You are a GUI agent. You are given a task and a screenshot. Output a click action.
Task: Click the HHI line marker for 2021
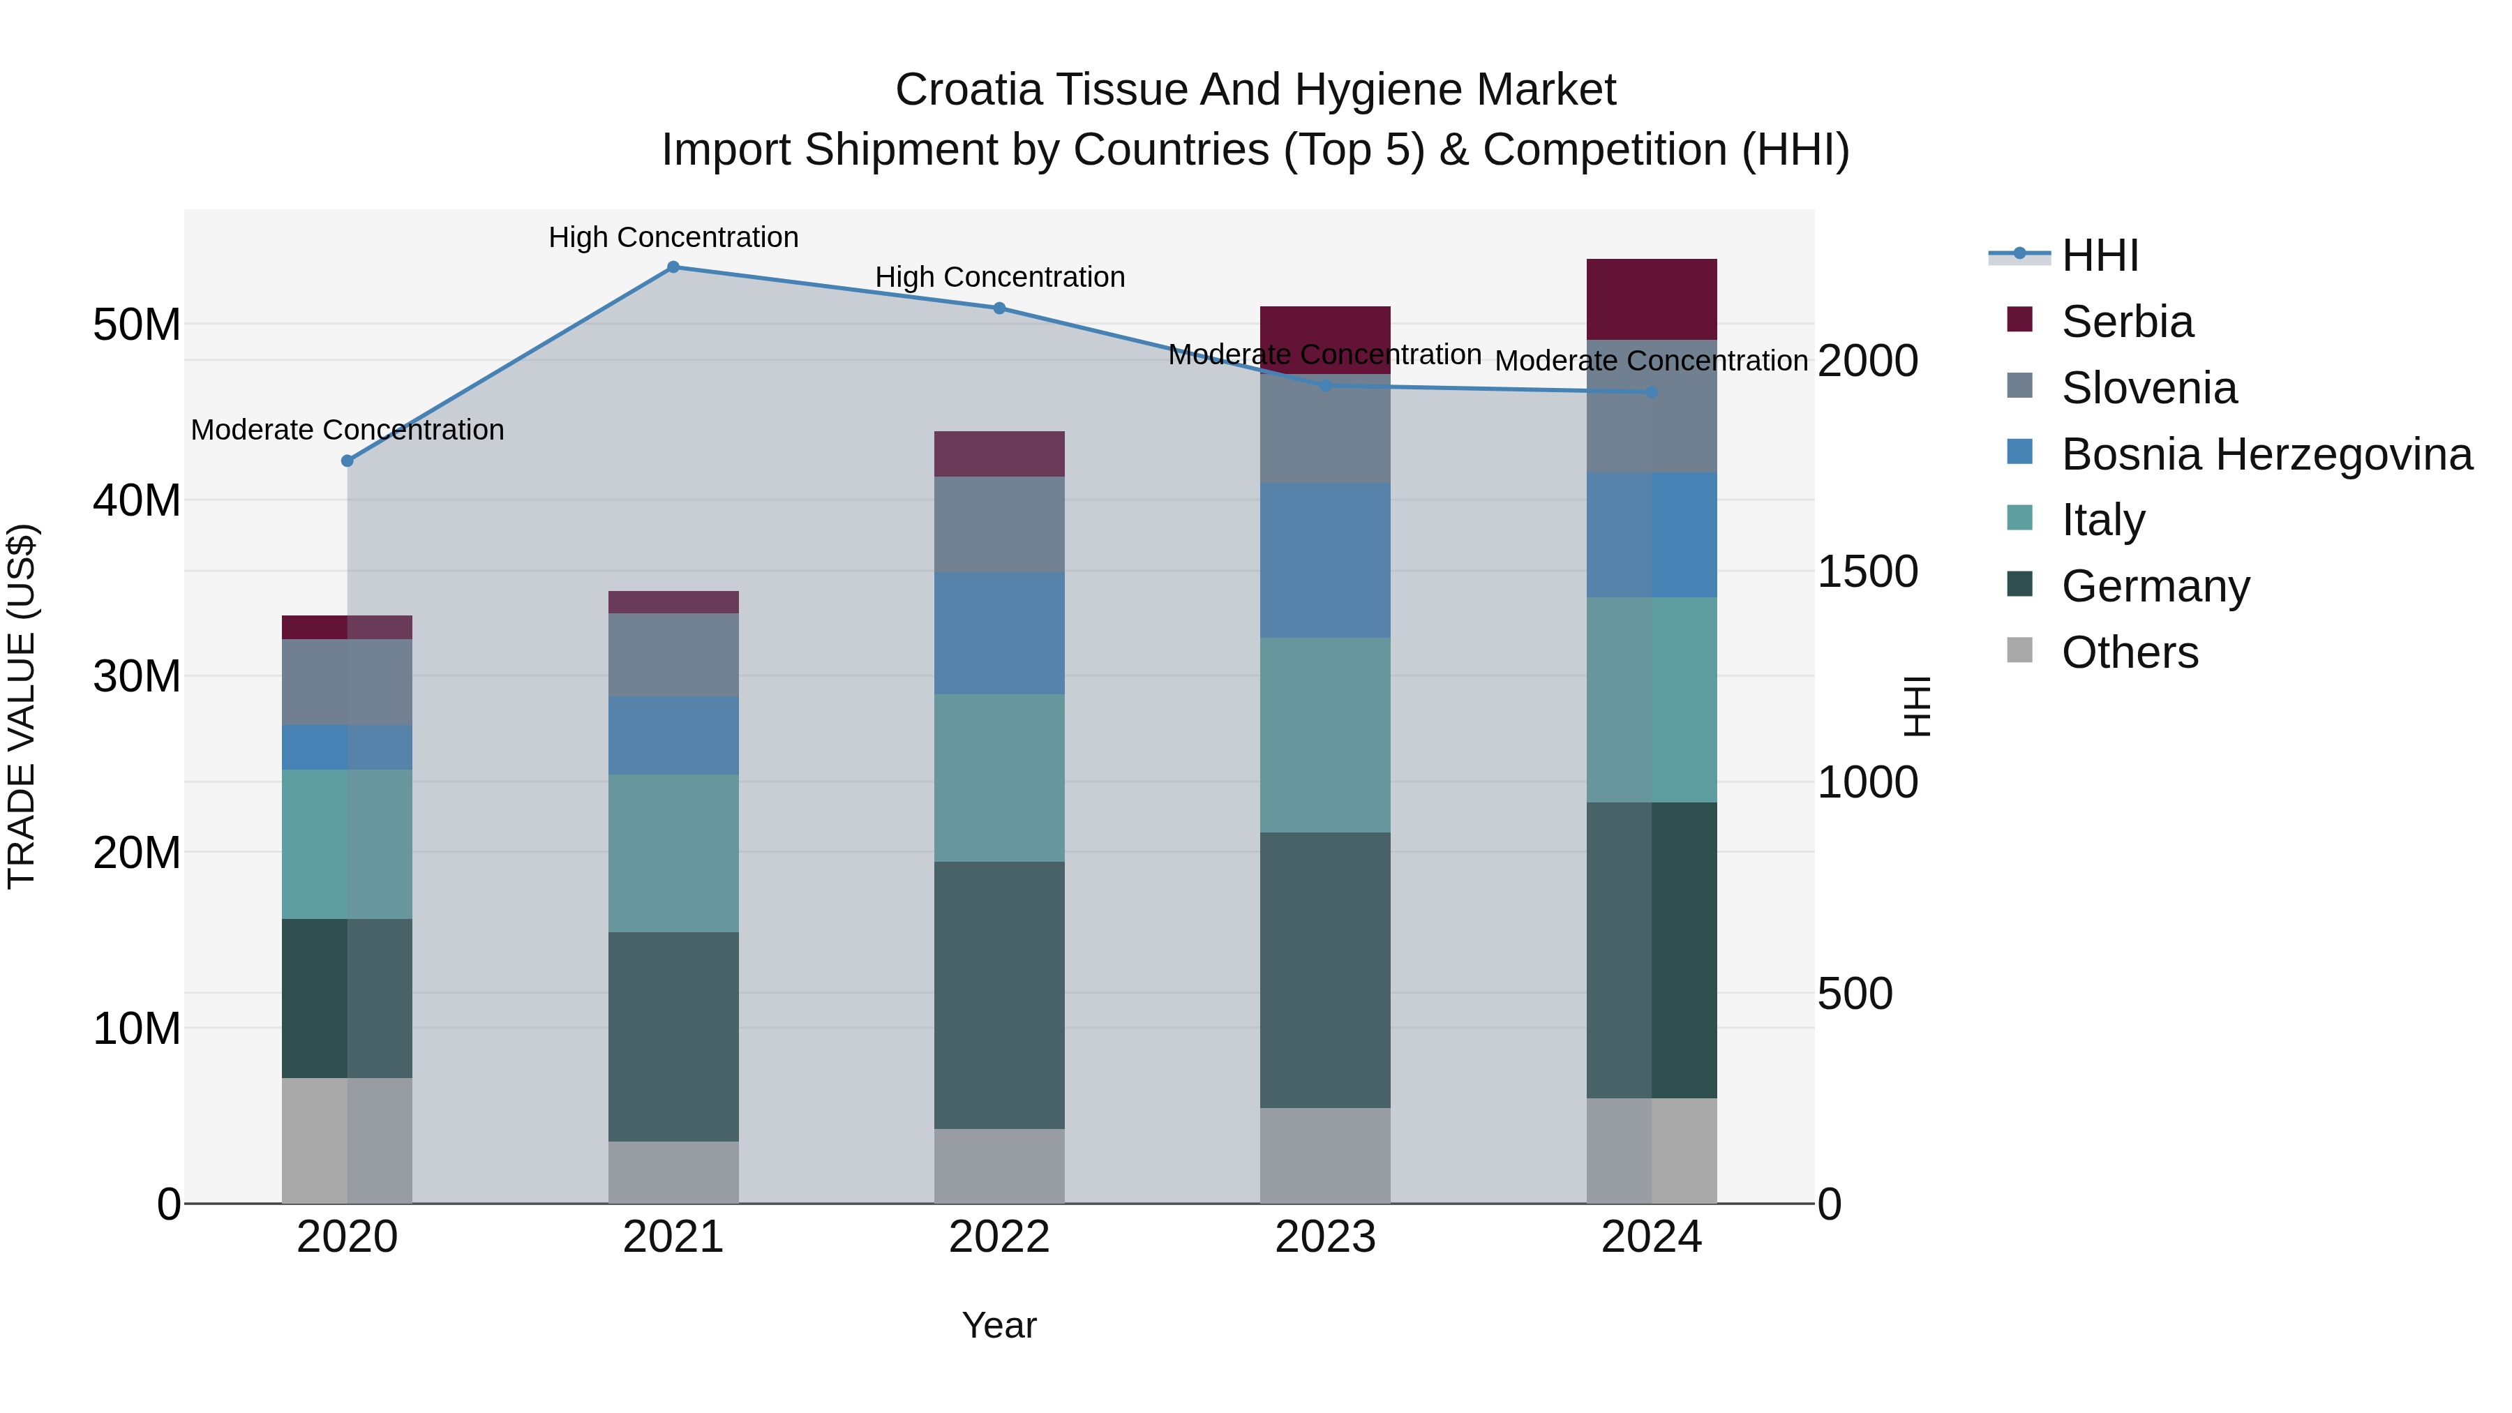pos(673,267)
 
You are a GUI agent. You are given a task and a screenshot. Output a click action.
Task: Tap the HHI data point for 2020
pos(347,461)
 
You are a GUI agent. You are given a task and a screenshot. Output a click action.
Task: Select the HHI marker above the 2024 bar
pos(1652,392)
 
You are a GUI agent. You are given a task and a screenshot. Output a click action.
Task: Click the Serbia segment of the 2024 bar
pos(1652,299)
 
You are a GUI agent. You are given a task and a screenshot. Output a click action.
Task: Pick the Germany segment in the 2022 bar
pos(999,994)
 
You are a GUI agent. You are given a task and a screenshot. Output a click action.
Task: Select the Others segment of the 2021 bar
pos(673,1172)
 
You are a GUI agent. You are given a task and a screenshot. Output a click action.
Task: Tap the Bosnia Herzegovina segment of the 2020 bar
pos(347,747)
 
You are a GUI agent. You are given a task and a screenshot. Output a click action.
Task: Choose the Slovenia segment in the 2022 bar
pos(999,523)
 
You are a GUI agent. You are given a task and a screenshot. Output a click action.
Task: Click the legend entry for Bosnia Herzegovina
pos(2266,454)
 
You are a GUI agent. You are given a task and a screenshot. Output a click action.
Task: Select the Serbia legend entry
pos(2127,322)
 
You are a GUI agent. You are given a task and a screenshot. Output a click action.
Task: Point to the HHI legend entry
pos(2100,255)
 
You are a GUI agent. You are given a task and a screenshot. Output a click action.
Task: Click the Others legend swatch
pos(2019,650)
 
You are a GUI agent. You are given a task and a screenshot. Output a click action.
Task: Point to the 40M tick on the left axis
pos(137,500)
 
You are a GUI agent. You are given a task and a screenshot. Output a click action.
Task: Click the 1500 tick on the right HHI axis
pos(1867,571)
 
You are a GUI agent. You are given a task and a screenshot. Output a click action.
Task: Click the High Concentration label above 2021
pos(673,237)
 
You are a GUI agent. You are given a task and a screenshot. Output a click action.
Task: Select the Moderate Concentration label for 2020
pos(347,430)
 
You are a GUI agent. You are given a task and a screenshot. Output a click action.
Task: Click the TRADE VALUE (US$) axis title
pos(22,706)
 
